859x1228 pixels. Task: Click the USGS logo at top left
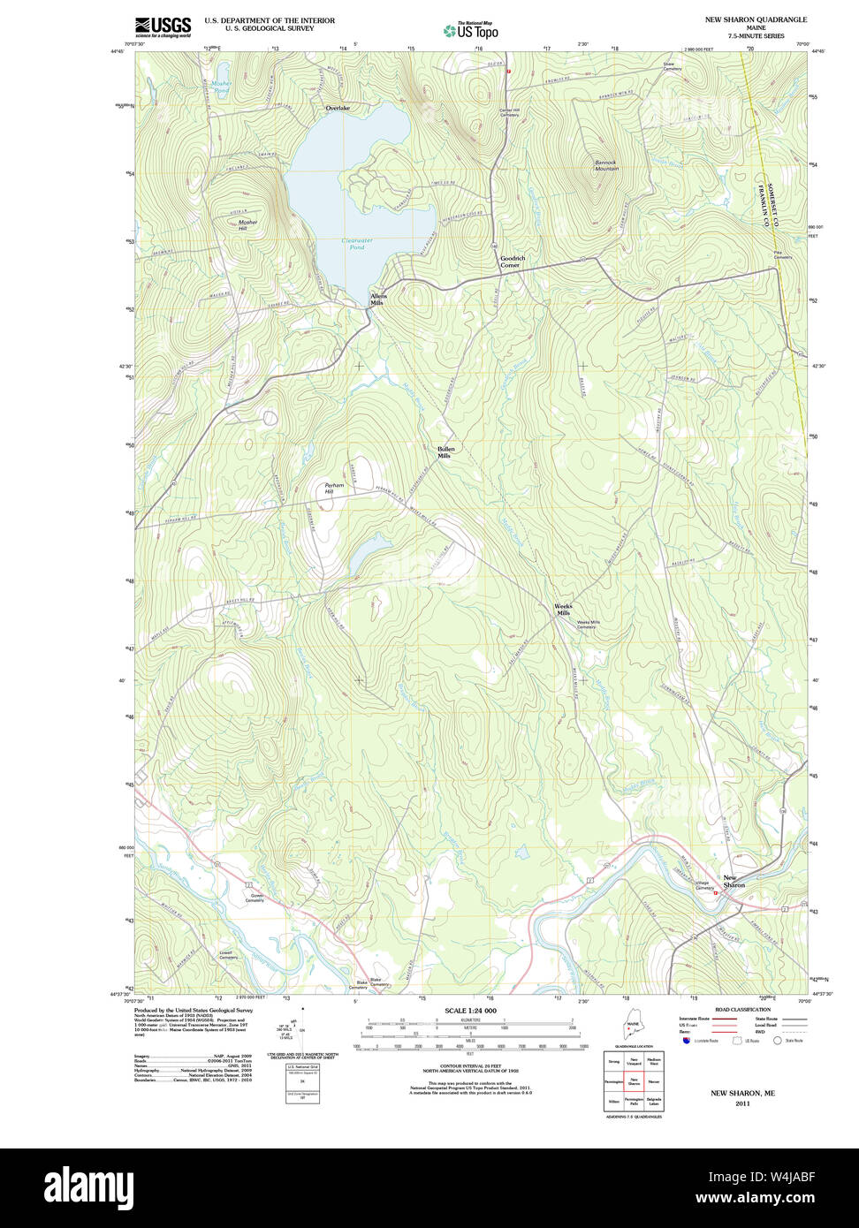coord(163,27)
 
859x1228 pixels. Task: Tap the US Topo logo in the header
coord(471,30)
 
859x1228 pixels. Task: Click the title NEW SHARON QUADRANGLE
coord(755,19)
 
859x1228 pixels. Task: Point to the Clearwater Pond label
coord(353,244)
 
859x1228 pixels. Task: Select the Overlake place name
coord(338,108)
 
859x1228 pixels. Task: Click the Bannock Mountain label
coord(606,165)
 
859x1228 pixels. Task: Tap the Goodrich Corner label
coord(513,262)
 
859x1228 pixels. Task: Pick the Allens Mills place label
coord(378,299)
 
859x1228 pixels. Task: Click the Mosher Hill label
coord(248,225)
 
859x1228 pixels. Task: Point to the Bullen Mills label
coord(445,452)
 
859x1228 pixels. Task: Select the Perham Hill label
coord(334,489)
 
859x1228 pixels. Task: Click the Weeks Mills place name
coord(563,610)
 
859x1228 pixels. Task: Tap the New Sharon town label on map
coord(734,881)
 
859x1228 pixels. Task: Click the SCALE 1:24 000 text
coord(470,1011)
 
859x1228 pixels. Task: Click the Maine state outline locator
coord(631,1028)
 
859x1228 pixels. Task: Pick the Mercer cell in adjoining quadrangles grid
coord(654,1080)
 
